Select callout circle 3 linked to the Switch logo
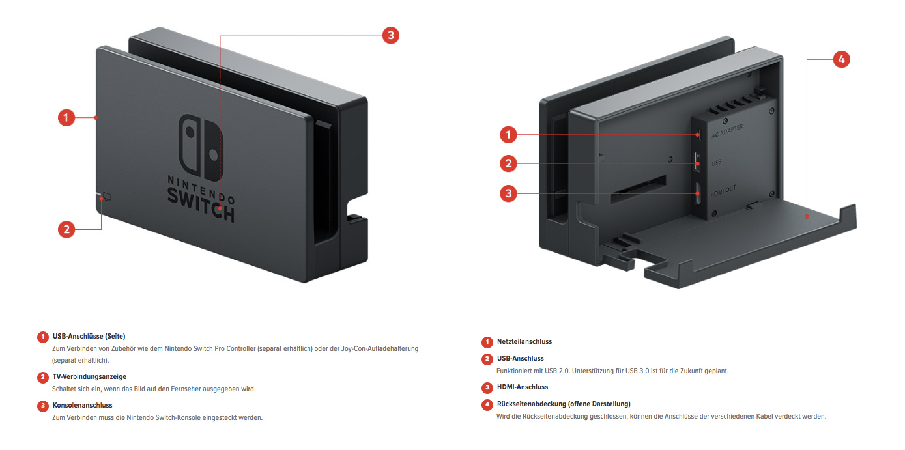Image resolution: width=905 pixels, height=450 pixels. [x=390, y=35]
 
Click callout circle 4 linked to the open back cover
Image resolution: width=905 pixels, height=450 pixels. [x=841, y=59]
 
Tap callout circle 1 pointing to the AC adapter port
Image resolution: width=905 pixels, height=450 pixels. [x=508, y=135]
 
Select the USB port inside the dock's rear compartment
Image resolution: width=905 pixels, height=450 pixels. [x=697, y=162]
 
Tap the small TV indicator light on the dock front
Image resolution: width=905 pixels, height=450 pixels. [x=107, y=196]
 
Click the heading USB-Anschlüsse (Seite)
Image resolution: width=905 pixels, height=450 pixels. [x=89, y=336]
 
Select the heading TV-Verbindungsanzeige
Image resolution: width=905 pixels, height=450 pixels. [x=89, y=376]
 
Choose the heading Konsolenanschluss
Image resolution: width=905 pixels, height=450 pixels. [x=82, y=405]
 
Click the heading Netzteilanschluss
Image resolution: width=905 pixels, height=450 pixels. [x=524, y=341]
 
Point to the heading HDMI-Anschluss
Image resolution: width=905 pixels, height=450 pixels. [x=522, y=387]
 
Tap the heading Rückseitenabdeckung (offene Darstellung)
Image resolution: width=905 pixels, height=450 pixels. [x=563, y=404]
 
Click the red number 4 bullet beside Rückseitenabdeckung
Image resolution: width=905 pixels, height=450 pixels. [x=487, y=404]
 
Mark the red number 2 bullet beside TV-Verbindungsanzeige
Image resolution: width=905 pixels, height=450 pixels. [x=43, y=377]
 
